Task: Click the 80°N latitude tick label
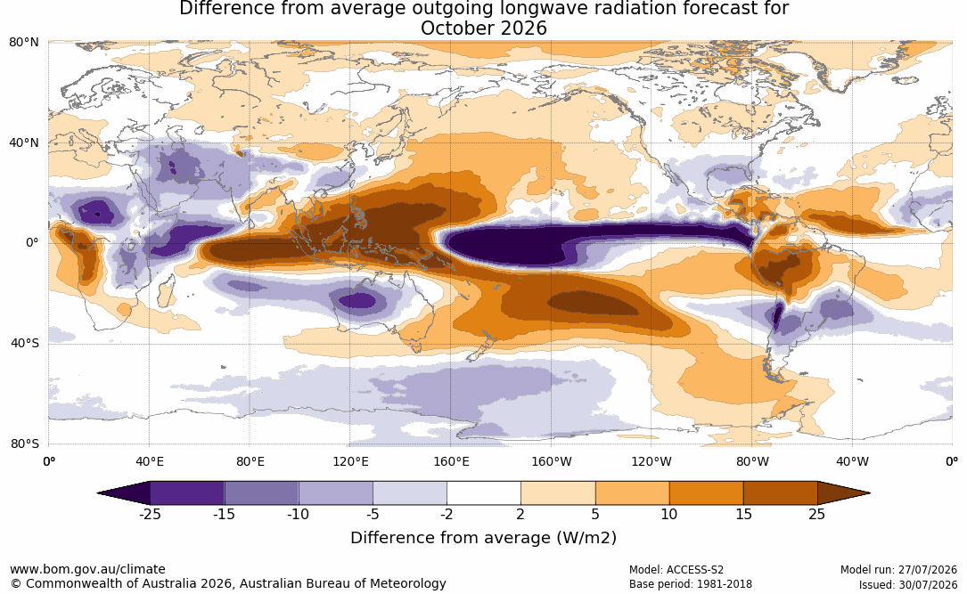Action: pyautogui.click(x=23, y=43)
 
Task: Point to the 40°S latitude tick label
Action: pyautogui.click(x=24, y=343)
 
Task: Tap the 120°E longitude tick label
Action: pyautogui.click(x=350, y=461)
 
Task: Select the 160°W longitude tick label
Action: pyautogui.click(x=552, y=461)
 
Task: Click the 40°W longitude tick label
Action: pyautogui.click(x=853, y=461)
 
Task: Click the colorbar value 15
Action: pyautogui.click(x=743, y=514)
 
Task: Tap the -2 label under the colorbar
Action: pyautogui.click(x=447, y=514)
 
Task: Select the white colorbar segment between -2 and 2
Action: pyautogui.click(x=483, y=493)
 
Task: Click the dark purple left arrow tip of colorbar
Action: pyautogui.click(x=100, y=493)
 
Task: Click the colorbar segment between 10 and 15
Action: pyautogui.click(x=706, y=493)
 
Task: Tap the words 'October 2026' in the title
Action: pyautogui.click(x=483, y=28)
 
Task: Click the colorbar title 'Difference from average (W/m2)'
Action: pyautogui.click(x=483, y=537)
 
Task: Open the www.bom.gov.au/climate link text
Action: pyautogui.click(x=87, y=569)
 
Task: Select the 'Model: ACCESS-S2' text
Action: pyautogui.click(x=676, y=570)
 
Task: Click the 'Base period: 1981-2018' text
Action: pyautogui.click(x=690, y=584)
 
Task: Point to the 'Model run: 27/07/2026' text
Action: pyautogui.click(x=898, y=570)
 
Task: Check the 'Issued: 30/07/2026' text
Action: pyautogui.click(x=908, y=584)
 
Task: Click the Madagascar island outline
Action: pyautogui.click(x=166, y=293)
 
